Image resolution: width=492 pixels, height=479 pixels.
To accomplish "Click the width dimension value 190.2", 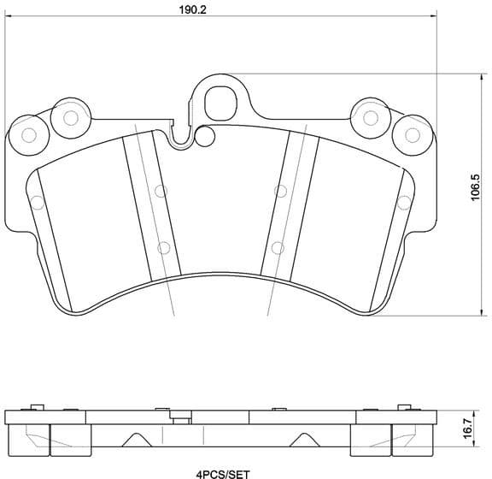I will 178,11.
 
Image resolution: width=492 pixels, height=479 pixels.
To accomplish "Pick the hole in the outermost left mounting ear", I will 28,134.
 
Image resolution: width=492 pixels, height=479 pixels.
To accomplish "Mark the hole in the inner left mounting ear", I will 71,116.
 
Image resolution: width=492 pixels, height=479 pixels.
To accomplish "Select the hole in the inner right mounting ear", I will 370,116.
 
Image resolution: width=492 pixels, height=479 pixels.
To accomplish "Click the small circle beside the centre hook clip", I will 205,135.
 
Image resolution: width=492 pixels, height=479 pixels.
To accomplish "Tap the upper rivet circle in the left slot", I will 158,191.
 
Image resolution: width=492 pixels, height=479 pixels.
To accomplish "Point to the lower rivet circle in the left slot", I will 162,248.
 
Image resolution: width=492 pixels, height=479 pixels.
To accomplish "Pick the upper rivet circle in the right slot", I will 281,191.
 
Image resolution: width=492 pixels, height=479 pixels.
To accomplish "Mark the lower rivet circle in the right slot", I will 277,248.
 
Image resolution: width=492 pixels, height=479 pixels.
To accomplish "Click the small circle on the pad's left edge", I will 37,203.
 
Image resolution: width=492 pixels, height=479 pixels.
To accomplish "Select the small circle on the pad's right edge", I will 402,203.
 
